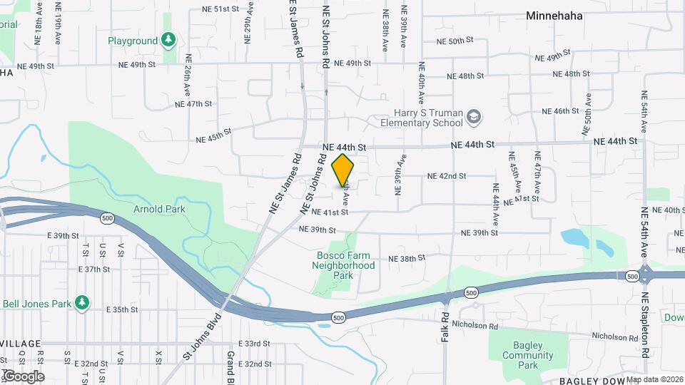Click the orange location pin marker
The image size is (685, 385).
[x=343, y=170]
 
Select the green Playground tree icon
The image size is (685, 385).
[x=168, y=41]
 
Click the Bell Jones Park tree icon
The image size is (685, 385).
[x=83, y=303]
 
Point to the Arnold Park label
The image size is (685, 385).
[x=159, y=209]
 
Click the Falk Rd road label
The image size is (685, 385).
[x=445, y=324]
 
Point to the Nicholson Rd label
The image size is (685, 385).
[x=615, y=337]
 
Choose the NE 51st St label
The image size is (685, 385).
[x=219, y=9]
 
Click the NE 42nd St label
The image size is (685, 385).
[x=446, y=176]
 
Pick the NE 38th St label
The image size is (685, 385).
[x=405, y=258]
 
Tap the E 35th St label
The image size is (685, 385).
[x=121, y=309]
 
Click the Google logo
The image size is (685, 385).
[x=23, y=376]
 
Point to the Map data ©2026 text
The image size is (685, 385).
[x=655, y=379]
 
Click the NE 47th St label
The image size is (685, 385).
[x=193, y=104]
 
